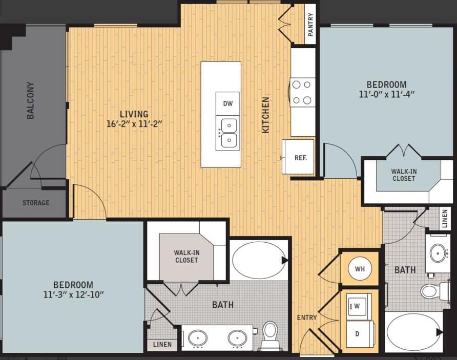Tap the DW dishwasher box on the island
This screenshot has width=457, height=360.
pos(228,103)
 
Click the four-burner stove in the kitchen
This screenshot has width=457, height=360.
pos(302,92)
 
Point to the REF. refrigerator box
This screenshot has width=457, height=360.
pos(300,158)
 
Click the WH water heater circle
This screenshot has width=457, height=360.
pos(359,268)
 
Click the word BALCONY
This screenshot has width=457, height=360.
pos(31,100)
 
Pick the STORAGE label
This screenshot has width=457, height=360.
pos(36,203)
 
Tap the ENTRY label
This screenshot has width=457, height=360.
pos(307,317)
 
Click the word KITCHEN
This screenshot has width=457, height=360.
pos(265,115)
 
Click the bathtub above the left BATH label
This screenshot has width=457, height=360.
pos(259,260)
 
